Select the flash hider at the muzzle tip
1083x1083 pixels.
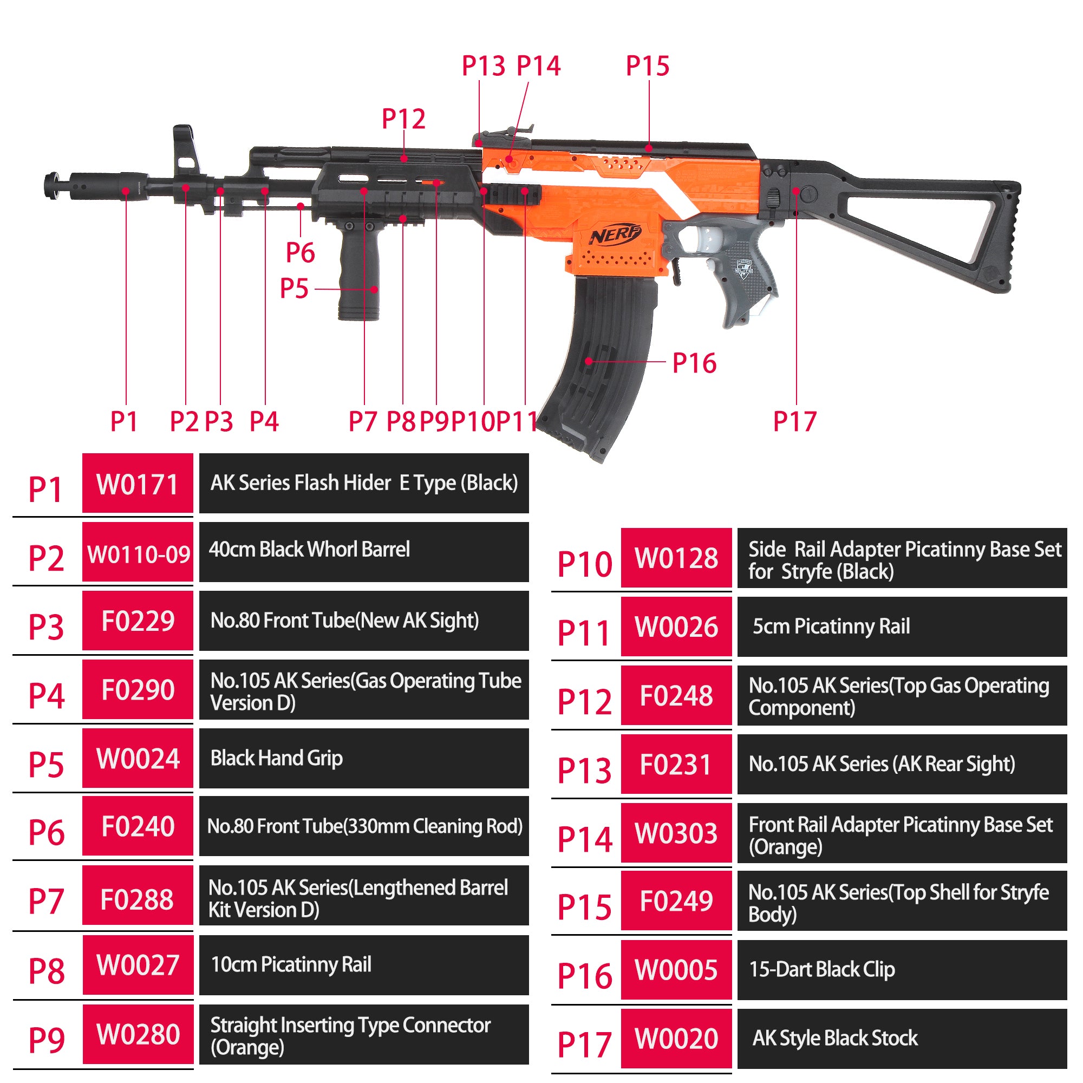pyautogui.click(x=95, y=185)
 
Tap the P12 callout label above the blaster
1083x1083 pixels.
pyautogui.click(x=403, y=119)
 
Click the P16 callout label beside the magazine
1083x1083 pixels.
pyautogui.click(x=694, y=363)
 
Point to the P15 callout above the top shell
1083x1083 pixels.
pyautogui.click(x=648, y=66)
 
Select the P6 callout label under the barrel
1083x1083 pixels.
pyautogui.click(x=300, y=252)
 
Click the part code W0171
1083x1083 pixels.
pyautogui.click(x=138, y=484)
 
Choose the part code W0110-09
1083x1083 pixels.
pyautogui.click(x=138, y=554)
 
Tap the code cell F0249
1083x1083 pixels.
pyautogui.click(x=676, y=901)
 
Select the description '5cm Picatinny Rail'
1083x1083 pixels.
pyautogui.click(x=831, y=626)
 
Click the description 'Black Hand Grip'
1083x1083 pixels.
pyautogui.click(x=276, y=758)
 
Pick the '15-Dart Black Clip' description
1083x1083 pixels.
pyautogui.click(x=822, y=969)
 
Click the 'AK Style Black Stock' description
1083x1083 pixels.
pyautogui.click(x=835, y=1038)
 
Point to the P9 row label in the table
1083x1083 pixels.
pyautogui.click(x=46, y=1040)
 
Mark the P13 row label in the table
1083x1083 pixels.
pyautogui.click(x=584, y=769)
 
